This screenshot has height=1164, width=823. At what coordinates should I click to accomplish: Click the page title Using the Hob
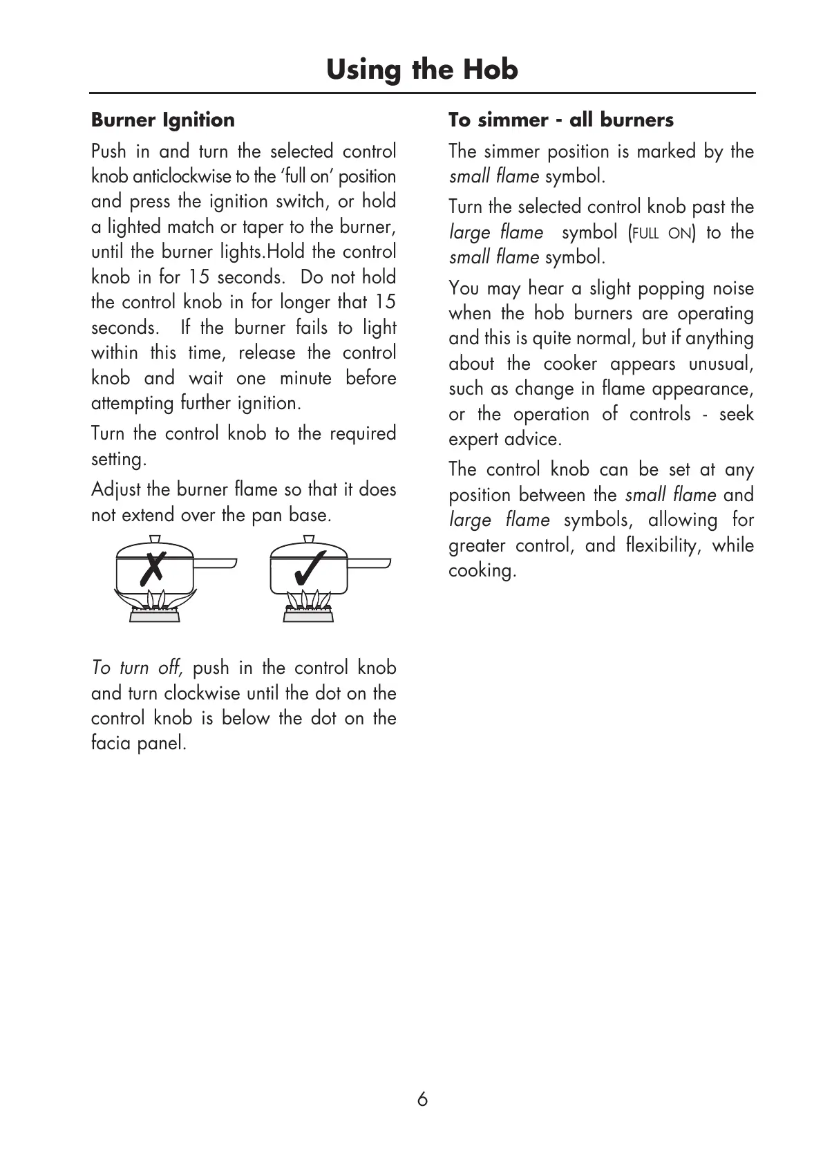click(x=422, y=70)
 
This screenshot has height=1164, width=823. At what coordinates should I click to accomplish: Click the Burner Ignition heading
click(x=163, y=120)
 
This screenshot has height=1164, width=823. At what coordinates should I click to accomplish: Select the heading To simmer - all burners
click(x=560, y=120)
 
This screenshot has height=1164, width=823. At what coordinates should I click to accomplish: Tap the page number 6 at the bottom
click(x=422, y=1099)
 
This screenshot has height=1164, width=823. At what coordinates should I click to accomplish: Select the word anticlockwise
click(x=182, y=176)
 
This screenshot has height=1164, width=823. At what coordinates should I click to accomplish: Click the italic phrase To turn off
click(x=137, y=668)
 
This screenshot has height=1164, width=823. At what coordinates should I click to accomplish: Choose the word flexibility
click(x=661, y=545)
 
